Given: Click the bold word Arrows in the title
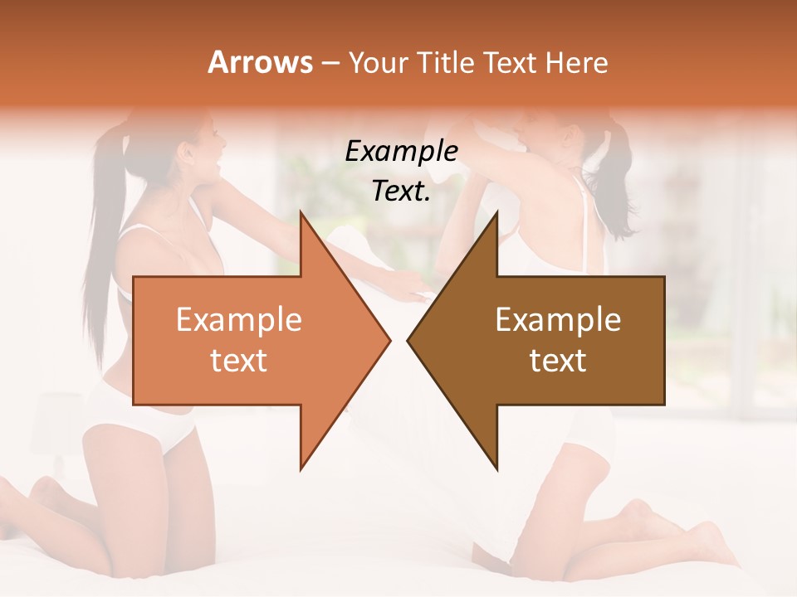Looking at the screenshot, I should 260,62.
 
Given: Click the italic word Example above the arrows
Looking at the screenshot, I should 401,151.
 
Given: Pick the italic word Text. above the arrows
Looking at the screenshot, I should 401,191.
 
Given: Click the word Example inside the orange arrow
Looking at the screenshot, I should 238,319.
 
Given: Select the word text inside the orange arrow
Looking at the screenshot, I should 238,361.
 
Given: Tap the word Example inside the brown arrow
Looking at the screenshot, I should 558,319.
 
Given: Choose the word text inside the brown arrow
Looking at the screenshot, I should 558,361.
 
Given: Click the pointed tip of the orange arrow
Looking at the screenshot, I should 389,340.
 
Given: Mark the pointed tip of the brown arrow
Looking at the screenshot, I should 408,340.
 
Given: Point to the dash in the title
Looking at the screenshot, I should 330,63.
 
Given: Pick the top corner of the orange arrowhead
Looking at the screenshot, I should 301,213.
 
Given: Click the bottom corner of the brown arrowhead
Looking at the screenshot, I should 496,468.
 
